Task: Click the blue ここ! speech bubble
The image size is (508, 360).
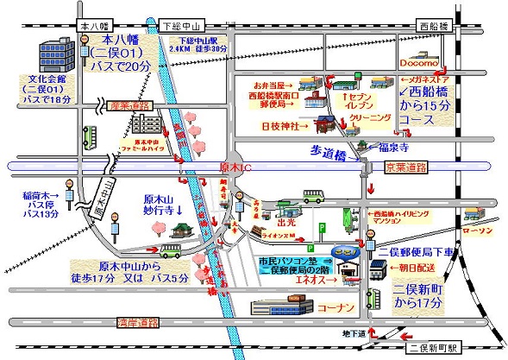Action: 348,252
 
